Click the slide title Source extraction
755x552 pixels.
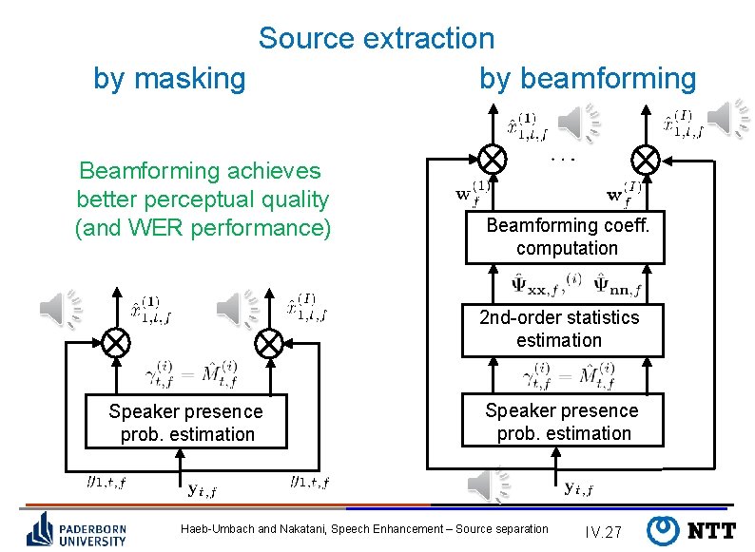[377, 39]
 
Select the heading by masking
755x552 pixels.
[169, 78]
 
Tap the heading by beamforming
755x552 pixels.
[588, 78]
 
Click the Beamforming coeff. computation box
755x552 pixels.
[565, 237]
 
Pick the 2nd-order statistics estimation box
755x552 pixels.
[559, 329]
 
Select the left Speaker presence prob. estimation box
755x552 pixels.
[186, 423]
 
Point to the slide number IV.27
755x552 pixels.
[603, 530]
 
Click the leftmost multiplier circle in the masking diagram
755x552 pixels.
[116, 341]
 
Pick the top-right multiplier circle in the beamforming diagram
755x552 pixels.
[647, 157]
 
